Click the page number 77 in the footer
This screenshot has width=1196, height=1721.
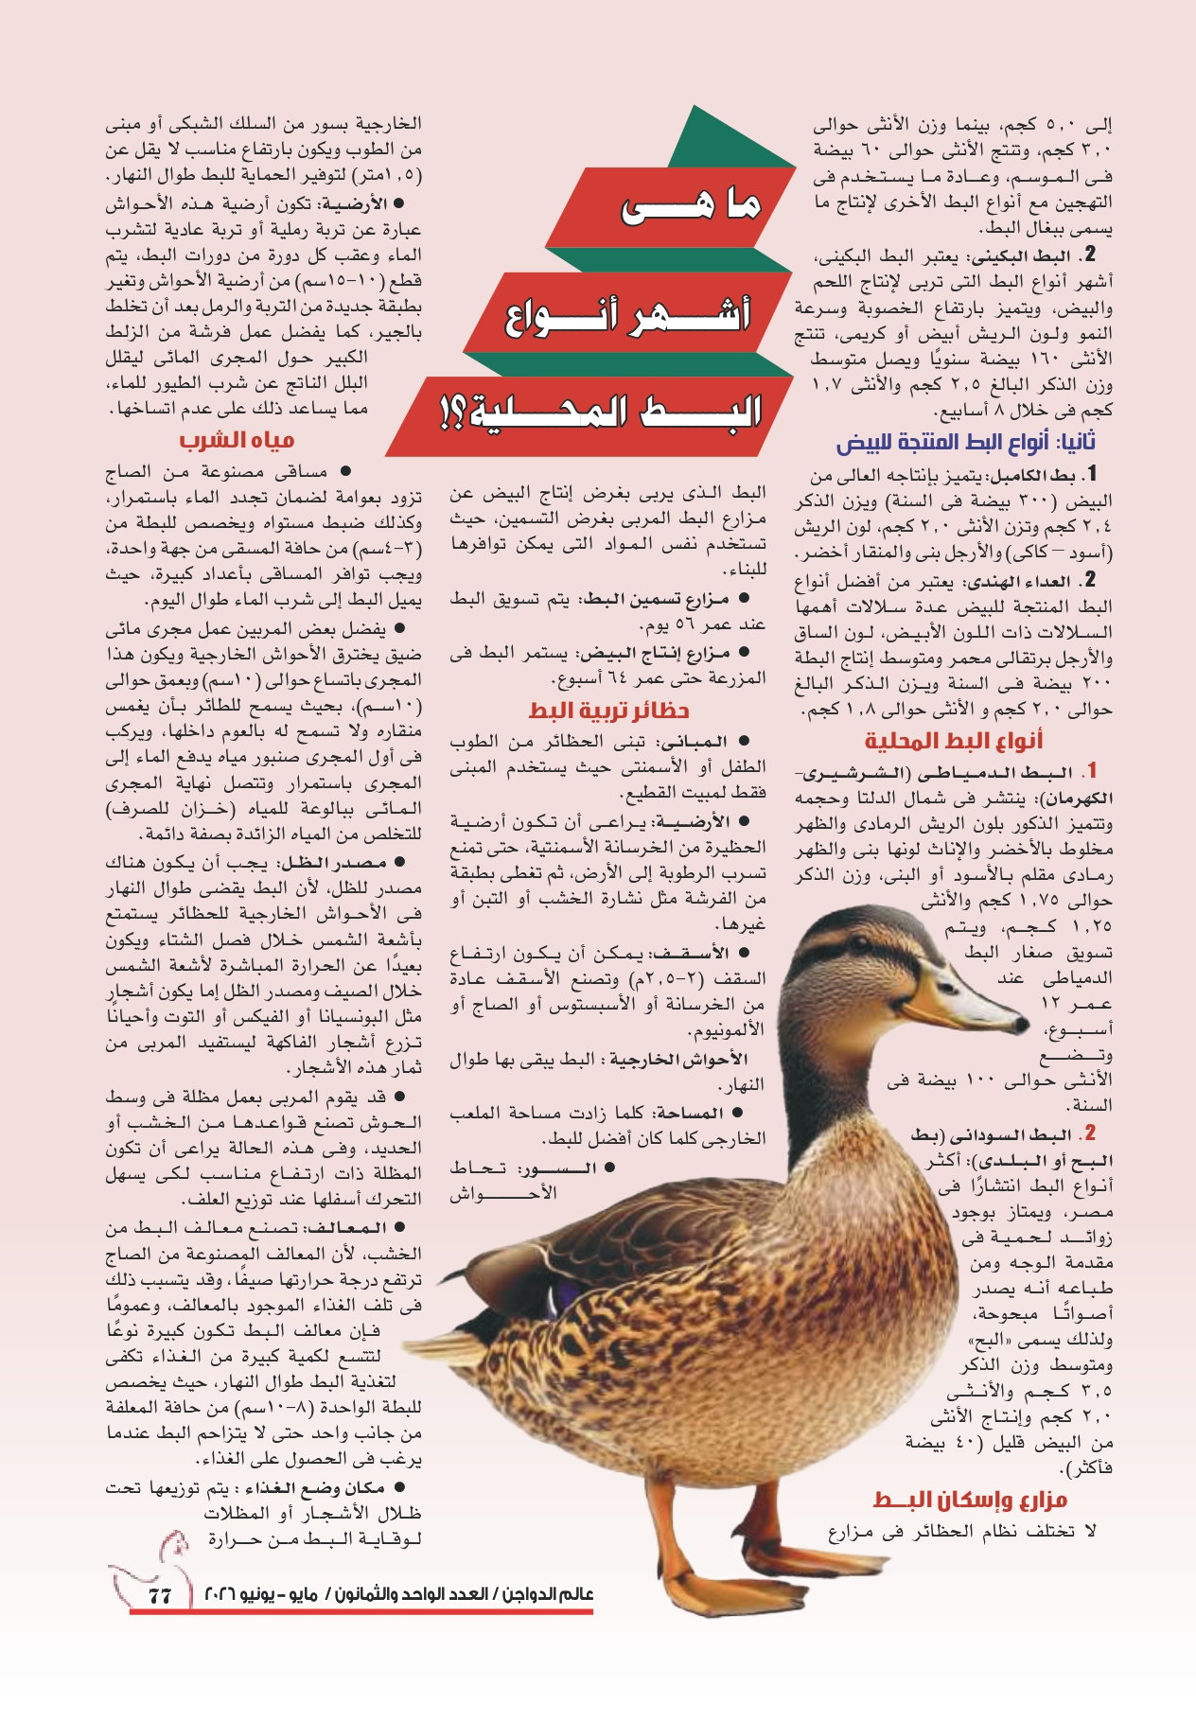pos(159,1595)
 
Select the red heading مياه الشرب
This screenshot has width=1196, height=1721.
pos(237,440)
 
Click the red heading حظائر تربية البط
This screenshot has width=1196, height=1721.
pos(608,711)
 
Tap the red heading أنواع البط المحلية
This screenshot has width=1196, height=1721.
pos(954,741)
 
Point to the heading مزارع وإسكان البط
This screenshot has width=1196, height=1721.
pos(970,1500)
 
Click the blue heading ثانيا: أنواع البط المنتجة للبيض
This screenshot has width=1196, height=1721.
pos(966,442)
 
